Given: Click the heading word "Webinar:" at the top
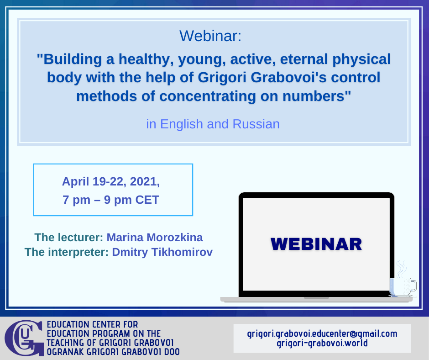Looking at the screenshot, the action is coord(210,36).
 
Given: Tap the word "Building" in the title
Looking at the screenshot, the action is coord(73,59).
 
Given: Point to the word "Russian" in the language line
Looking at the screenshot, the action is coord(256,124).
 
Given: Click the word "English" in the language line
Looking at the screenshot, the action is coord(181,125).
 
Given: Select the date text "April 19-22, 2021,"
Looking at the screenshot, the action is coord(111,182).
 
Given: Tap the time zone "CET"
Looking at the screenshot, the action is coord(147,200).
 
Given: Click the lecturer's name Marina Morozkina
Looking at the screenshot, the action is coord(155,238).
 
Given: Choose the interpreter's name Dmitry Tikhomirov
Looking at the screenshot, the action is coord(162,252).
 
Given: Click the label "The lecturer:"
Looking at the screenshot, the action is coord(68,238).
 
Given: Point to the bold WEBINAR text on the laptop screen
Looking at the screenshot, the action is coord(316,244).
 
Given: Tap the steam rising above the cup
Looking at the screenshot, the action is coord(401,269).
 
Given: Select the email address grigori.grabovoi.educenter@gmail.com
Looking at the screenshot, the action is coord(322,334).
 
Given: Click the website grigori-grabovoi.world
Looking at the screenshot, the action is coord(322,343).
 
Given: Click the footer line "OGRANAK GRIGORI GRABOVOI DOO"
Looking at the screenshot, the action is coord(113,352).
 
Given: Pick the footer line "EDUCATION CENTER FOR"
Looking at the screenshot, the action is coord(92,325).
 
